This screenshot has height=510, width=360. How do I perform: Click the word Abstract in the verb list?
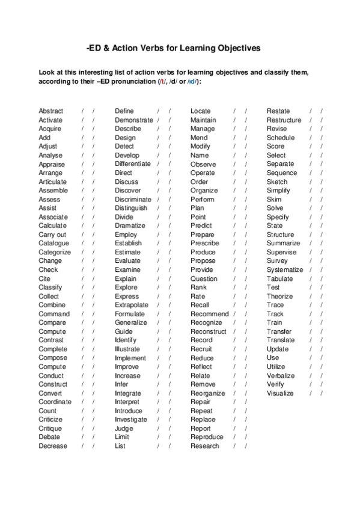(50, 111)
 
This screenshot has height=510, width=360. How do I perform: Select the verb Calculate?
(52, 226)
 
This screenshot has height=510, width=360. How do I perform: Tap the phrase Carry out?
(52, 235)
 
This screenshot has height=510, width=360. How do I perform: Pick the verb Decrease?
(53, 446)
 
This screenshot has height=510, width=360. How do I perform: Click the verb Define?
(124, 111)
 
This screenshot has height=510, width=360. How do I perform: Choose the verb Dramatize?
(130, 226)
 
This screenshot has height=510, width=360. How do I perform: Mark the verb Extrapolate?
(132, 305)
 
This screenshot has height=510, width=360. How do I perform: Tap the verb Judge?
(124, 428)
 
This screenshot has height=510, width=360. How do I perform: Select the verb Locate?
(201, 111)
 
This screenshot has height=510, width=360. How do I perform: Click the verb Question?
(204, 278)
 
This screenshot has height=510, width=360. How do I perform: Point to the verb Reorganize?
(208, 393)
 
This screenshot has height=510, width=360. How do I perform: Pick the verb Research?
(205, 446)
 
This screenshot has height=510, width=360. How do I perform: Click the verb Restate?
(278, 111)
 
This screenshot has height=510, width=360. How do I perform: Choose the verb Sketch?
(277, 182)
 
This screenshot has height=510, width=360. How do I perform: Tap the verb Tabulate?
(280, 278)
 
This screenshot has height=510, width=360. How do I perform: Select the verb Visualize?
(280, 393)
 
